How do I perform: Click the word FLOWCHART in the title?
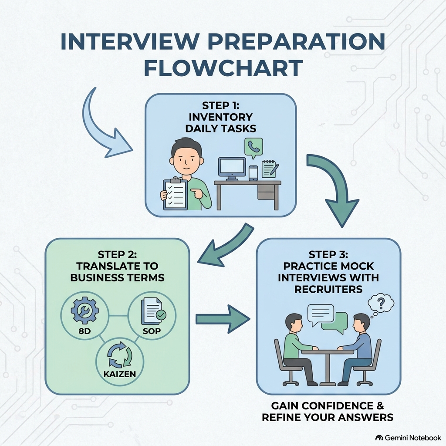point(223,68)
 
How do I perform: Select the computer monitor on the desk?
point(232,169)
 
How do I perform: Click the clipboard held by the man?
point(175,194)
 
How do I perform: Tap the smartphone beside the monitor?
point(253,173)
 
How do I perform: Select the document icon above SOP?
point(153,311)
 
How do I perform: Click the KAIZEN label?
point(119,374)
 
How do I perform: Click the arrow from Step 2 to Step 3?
point(223,319)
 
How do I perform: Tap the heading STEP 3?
point(328,254)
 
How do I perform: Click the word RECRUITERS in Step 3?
point(328,289)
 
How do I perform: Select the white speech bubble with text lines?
point(321,314)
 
